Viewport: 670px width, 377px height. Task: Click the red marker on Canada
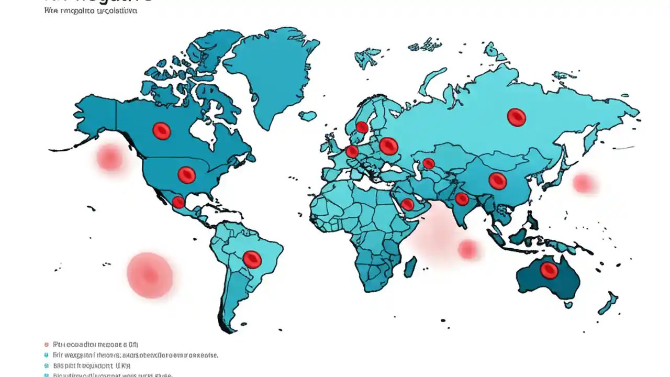click(x=162, y=130)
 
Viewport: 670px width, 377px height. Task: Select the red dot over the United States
click(x=186, y=174)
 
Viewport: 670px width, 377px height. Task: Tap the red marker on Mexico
click(x=178, y=202)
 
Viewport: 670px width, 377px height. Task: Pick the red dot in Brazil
click(x=252, y=259)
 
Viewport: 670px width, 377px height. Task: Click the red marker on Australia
click(x=549, y=270)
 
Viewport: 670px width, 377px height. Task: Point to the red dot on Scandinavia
click(x=362, y=127)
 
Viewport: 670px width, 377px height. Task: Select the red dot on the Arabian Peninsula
click(x=407, y=204)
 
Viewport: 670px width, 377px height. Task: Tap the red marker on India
click(x=462, y=198)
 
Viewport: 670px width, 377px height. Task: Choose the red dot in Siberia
click(x=516, y=117)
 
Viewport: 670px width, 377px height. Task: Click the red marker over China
click(x=497, y=181)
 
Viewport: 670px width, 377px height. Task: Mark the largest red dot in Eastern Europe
click(x=388, y=146)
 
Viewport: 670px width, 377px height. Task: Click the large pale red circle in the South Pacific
click(x=150, y=275)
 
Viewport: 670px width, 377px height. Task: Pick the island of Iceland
click(x=307, y=116)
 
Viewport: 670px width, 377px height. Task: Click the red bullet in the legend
click(x=47, y=345)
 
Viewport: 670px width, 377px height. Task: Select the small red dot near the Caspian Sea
click(x=429, y=163)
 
